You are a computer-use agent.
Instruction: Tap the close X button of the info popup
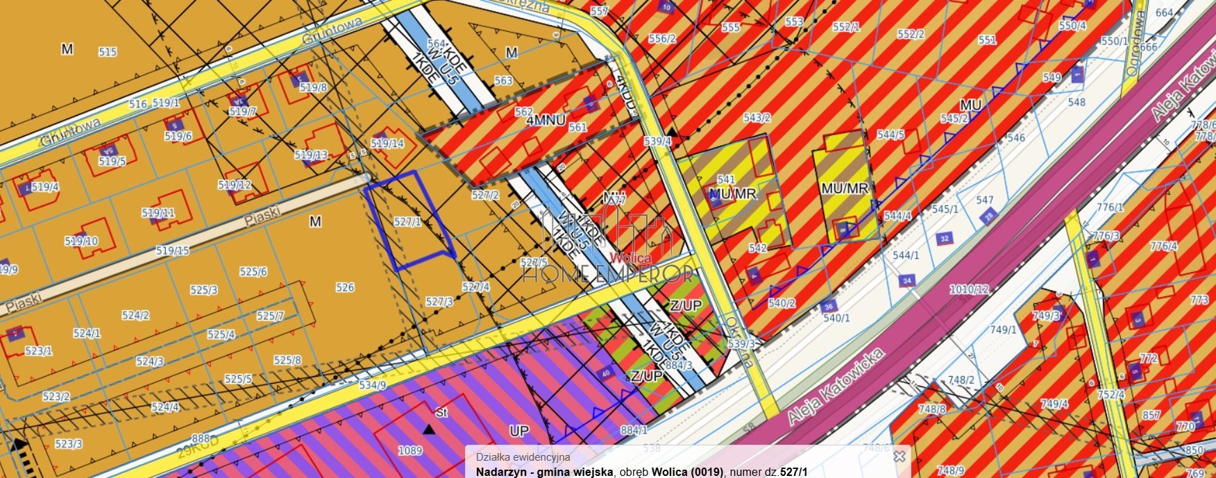(x=899, y=456)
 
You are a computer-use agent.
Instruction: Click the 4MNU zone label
(x=546, y=121)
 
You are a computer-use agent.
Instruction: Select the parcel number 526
(x=345, y=287)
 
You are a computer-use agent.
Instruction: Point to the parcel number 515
(x=108, y=52)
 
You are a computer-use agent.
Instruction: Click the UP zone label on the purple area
(x=519, y=431)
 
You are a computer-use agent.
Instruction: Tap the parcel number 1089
(x=410, y=451)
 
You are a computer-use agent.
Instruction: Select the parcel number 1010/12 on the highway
(x=970, y=289)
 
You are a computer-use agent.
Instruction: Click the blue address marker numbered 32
(x=944, y=239)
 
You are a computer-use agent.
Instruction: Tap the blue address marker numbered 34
(x=906, y=281)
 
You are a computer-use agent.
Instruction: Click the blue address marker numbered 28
(x=988, y=216)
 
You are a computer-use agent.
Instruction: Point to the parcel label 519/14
(x=387, y=144)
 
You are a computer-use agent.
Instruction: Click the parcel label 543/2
(x=757, y=118)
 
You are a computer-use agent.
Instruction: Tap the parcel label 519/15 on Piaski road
(x=172, y=250)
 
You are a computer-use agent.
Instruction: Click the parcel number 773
(x=1199, y=300)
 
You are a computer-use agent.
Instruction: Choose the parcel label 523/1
(x=38, y=351)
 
